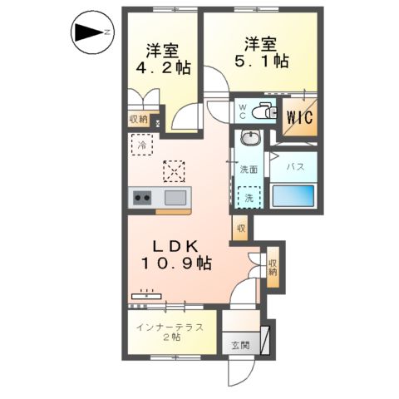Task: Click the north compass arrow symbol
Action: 88,33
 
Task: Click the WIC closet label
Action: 299,117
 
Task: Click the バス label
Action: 294,167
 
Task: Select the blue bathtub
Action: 293,198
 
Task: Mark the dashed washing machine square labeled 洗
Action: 249,199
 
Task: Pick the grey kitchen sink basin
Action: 176,198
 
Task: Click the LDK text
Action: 173,246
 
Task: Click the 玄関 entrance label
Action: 240,344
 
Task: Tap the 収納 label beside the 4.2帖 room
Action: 138,120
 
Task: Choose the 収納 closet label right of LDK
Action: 273,264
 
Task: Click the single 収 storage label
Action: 240,228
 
